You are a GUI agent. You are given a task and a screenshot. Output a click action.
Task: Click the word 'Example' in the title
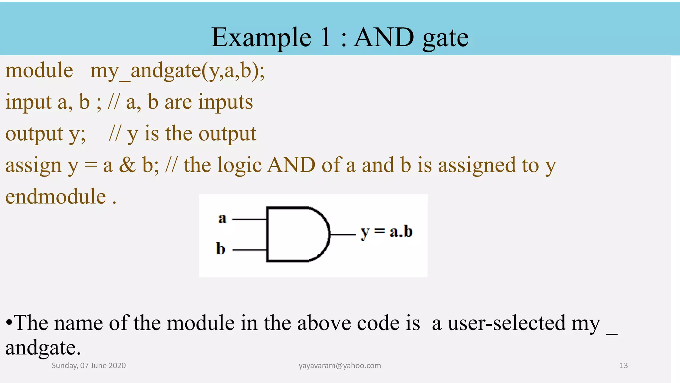pos(261,38)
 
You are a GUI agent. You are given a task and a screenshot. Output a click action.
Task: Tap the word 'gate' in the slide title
pos(446,38)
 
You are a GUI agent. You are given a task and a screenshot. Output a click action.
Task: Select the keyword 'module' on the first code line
pos(39,70)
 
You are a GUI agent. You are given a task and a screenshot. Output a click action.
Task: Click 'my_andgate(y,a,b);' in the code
pos(177,71)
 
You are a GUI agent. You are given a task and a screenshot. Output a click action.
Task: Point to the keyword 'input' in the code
pos(28,102)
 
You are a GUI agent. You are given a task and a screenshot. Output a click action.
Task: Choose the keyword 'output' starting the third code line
pos(34,134)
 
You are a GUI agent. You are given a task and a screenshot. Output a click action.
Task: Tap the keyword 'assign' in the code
pos(34,166)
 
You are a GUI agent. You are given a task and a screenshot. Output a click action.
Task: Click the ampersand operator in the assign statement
pos(127,165)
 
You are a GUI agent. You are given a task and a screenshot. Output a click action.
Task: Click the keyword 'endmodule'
pos(55,196)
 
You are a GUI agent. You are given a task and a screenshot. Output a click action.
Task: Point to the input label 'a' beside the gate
pos(222,218)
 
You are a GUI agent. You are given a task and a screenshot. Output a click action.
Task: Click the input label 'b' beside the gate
pos(220,249)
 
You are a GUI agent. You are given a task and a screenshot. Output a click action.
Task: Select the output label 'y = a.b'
pos(386,232)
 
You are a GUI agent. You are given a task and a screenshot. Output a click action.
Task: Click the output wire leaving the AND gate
pos(343,235)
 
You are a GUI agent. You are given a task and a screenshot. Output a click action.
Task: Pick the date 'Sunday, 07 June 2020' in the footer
pos(89,366)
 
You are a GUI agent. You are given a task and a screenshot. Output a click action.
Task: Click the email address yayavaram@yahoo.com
pos(340,366)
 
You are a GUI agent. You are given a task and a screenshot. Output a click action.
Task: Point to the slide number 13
pos(624,366)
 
